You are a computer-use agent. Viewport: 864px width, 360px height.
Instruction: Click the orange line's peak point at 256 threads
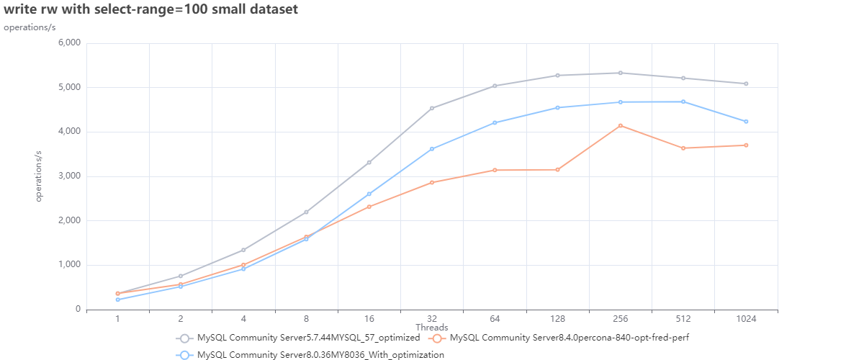(x=621, y=126)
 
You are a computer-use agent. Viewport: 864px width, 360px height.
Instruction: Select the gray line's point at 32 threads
(x=432, y=108)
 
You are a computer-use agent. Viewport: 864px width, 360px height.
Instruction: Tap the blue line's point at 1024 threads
(x=746, y=122)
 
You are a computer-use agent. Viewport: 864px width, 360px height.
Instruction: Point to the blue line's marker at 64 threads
(x=495, y=123)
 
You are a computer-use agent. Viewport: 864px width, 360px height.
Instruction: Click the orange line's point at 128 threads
(x=557, y=170)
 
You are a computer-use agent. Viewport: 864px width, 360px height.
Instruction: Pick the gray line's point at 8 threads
(x=306, y=212)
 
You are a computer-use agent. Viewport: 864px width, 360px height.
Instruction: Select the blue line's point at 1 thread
(x=117, y=300)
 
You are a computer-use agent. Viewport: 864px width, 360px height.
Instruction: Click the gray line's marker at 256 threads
(x=621, y=73)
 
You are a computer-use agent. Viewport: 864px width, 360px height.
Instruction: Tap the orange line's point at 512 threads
(x=683, y=148)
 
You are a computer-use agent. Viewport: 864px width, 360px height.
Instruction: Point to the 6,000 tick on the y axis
(x=68, y=43)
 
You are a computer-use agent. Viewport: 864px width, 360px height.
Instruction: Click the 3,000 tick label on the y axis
(x=68, y=176)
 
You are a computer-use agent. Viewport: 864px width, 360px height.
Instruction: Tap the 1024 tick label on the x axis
(x=746, y=318)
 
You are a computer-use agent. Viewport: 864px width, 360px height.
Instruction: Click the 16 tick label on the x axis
(x=369, y=318)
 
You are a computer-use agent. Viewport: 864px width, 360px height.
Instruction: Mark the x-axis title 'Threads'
(x=431, y=328)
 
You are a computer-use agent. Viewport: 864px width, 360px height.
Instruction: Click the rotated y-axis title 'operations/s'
(x=40, y=176)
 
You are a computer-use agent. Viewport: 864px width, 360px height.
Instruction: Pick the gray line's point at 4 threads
(x=243, y=250)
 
